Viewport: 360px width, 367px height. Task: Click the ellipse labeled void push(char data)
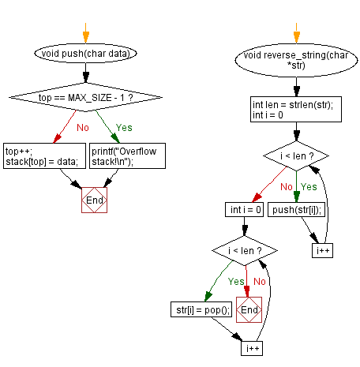click(x=85, y=54)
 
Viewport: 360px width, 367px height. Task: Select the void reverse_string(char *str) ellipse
click(x=296, y=60)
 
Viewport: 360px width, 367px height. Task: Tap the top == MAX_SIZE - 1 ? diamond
click(x=85, y=97)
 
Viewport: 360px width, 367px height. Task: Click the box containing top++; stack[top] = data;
click(x=44, y=155)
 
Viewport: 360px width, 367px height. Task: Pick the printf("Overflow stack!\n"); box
click(x=127, y=155)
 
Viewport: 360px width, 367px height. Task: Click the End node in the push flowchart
click(x=94, y=200)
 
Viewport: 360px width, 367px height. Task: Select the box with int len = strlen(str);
click(x=296, y=110)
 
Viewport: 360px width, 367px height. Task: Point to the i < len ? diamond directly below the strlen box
click(x=296, y=156)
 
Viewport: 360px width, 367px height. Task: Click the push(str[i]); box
click(x=297, y=210)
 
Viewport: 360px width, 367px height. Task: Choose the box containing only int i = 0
click(x=244, y=210)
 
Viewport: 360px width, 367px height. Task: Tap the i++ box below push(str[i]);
click(x=322, y=250)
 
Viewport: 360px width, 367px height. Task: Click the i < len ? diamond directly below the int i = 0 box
click(x=245, y=251)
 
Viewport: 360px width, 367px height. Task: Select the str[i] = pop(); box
click(x=201, y=309)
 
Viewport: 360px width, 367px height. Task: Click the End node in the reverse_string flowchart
click(x=249, y=309)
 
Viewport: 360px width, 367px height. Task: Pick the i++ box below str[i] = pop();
click(x=252, y=348)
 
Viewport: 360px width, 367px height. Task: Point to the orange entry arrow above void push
click(x=86, y=33)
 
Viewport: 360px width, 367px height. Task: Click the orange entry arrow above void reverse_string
click(x=297, y=33)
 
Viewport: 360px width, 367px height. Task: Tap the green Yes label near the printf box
click(x=124, y=128)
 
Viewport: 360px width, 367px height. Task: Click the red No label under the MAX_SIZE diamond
click(x=83, y=128)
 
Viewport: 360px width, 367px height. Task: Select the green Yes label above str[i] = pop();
click(x=236, y=282)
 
